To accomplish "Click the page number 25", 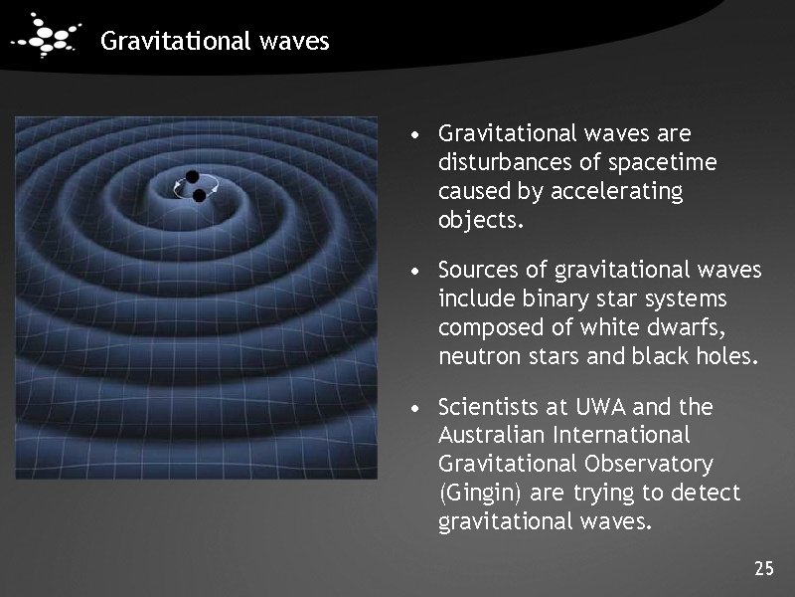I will coord(763,569).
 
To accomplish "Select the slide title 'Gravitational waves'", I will coord(215,42).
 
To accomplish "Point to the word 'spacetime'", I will coord(668,161).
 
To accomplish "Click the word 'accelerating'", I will coord(621,191).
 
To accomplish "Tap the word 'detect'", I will coord(707,494).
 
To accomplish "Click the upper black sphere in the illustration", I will coord(191,176).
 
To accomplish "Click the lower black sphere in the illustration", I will coord(199,196).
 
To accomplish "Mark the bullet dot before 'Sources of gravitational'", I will coord(422,272).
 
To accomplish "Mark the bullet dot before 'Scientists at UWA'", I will coord(422,408).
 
